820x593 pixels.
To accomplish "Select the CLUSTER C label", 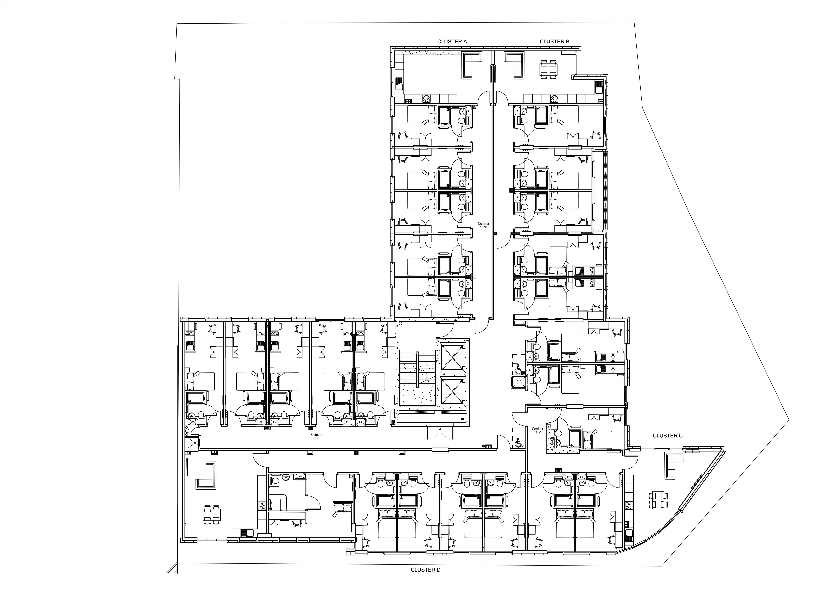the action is pos(667,436).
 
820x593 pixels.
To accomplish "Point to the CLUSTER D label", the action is pos(426,570).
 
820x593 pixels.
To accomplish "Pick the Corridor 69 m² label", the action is pos(317,436).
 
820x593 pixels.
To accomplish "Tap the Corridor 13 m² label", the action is pos(538,430).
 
